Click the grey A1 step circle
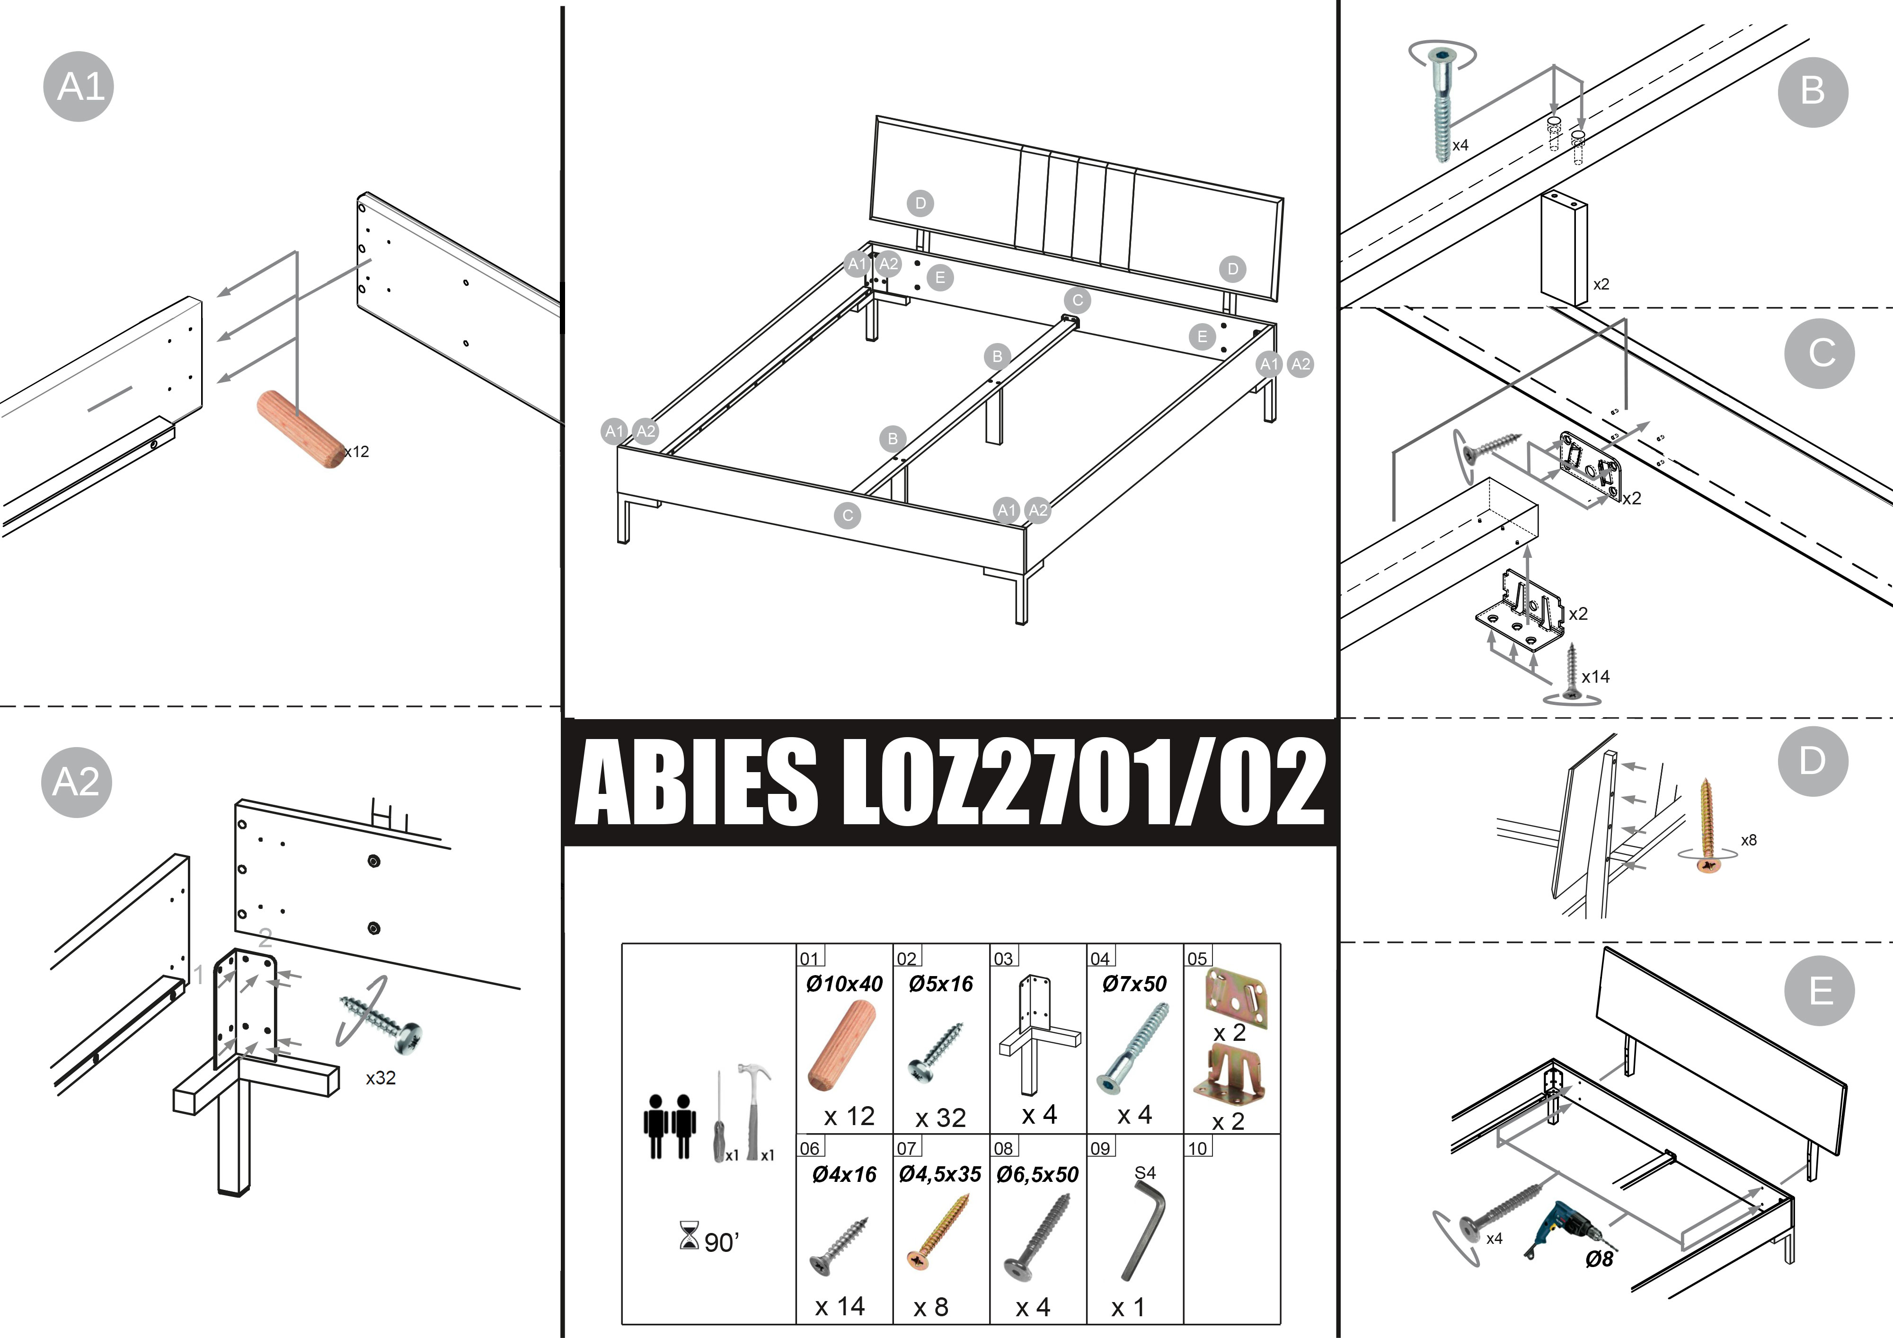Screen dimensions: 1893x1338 [79, 87]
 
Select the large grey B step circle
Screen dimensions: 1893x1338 [1813, 91]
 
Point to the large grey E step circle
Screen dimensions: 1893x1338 [1820, 991]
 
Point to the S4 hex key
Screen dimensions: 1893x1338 [1143, 1228]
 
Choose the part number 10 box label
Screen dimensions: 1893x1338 [1197, 1147]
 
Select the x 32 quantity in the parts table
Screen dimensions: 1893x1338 [940, 1118]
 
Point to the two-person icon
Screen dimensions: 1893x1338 [670, 1126]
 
